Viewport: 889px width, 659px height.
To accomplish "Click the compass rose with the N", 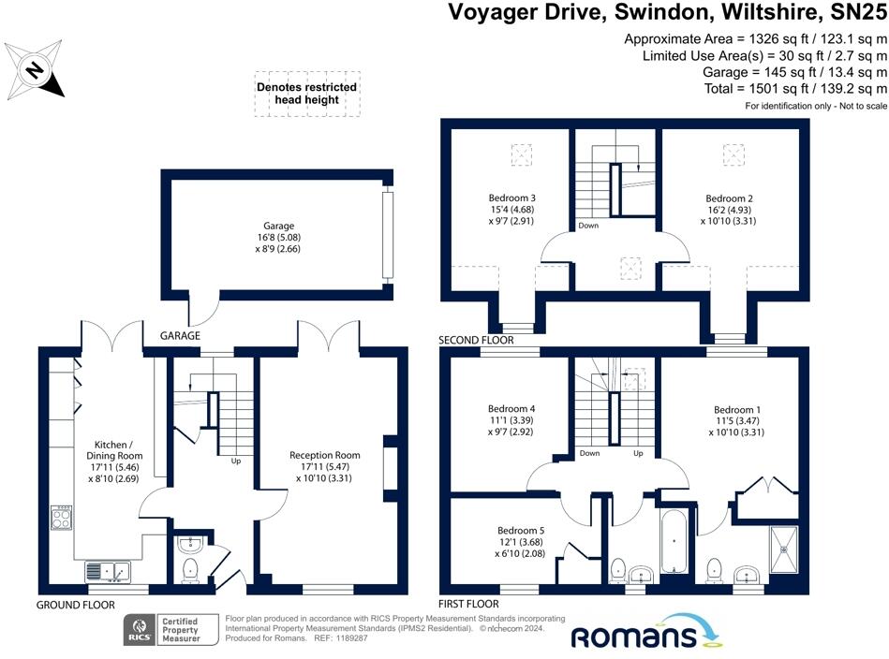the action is coord(34,70).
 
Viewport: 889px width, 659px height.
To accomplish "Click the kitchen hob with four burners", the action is coord(61,517).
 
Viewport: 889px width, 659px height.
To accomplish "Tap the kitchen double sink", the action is coord(108,571).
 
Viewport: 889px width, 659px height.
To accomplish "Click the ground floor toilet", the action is coord(189,570).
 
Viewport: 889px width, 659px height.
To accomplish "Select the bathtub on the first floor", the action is coord(674,541).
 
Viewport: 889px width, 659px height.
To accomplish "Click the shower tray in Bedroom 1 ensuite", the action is coord(783,549).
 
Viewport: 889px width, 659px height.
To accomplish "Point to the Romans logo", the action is coord(646,632).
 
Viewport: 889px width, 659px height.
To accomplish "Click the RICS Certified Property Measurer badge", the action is coord(171,630).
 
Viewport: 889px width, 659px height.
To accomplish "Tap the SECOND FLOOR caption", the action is coord(476,340).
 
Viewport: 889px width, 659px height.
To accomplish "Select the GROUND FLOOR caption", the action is coord(75,605).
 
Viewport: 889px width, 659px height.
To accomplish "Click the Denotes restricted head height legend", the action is coord(306,94).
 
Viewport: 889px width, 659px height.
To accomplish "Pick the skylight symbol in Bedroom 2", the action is coord(733,154).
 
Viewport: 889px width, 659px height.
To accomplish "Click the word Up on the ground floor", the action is coord(236,461).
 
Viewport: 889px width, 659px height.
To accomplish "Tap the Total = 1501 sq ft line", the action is coord(795,88).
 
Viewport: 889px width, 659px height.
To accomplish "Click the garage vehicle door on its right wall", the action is coord(388,235).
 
